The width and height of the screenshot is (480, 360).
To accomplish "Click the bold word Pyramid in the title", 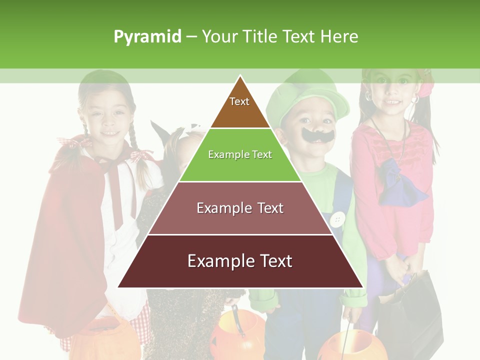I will click(147, 37).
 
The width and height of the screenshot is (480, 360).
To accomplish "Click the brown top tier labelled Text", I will click(239, 107).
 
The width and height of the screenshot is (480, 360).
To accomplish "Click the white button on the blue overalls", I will click(338, 218).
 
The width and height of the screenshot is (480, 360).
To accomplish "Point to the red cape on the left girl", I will click(70, 240).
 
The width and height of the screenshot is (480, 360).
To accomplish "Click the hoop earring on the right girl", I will click(414, 100).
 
